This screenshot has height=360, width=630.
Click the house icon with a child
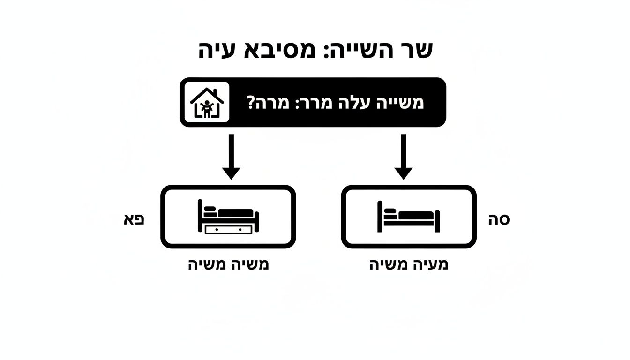click(x=207, y=103)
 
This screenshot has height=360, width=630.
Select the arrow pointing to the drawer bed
click(x=231, y=156)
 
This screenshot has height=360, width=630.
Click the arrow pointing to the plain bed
click(x=403, y=156)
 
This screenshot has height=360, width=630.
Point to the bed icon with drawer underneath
click(x=228, y=217)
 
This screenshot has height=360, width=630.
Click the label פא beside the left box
click(x=134, y=219)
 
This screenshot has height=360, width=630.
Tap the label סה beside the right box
click(x=499, y=219)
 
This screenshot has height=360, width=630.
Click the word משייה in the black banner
click(x=400, y=103)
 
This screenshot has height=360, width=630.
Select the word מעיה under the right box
click(x=428, y=264)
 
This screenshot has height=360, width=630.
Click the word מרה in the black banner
click(x=273, y=103)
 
